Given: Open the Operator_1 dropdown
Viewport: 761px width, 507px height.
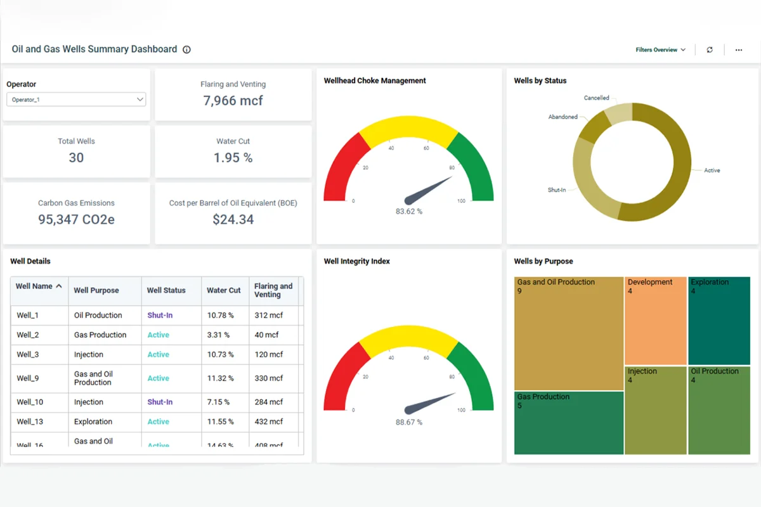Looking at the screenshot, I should point(76,99).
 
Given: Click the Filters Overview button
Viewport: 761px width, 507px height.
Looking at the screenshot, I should point(660,50).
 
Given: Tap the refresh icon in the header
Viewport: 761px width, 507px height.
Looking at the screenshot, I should point(710,50).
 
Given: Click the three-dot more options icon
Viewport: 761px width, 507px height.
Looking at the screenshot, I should point(739,50).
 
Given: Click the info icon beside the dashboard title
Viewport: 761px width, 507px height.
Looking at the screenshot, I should point(186,49).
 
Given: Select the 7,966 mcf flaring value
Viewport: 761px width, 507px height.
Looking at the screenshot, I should point(233,101).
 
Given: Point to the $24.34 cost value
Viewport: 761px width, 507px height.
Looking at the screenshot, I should point(233,220).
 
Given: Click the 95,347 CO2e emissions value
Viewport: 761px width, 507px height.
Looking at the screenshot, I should point(76,220).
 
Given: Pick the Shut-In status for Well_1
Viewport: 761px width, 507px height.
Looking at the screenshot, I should point(160,316).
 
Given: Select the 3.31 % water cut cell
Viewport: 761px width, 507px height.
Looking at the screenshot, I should point(218,335).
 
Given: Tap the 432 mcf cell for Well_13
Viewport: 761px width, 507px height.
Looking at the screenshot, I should point(268,422).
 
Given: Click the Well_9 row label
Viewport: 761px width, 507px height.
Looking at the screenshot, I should point(28,378).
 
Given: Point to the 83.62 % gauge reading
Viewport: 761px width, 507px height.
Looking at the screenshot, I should point(408,211).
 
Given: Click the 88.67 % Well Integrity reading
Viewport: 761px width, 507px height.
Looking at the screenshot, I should point(408,422).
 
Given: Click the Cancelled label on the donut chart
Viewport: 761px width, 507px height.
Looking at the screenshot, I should point(596,98).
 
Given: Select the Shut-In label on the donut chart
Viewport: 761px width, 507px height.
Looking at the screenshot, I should point(556,190).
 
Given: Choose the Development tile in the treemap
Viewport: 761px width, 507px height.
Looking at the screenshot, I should point(656,320).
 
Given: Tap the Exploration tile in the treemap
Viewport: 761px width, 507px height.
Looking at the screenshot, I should point(719,320).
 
